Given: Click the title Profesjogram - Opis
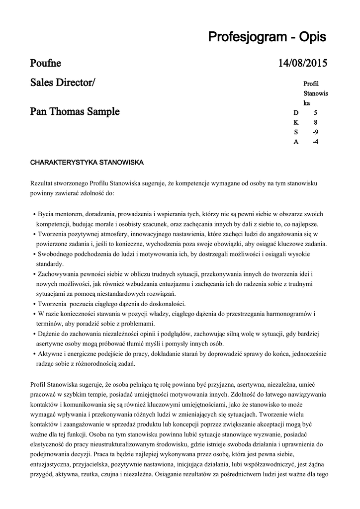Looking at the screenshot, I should (x=268, y=37).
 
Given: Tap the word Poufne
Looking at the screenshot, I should (x=46, y=63).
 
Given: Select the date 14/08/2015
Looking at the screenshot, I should (x=302, y=63).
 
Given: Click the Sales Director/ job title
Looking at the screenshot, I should (x=63, y=83).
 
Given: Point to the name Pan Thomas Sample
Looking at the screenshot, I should (x=75, y=111).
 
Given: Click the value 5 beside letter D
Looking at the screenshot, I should (x=315, y=113).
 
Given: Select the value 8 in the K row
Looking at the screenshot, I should (x=315, y=122).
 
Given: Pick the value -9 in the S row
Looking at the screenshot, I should (x=315, y=132).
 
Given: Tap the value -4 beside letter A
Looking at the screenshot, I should (x=315, y=142).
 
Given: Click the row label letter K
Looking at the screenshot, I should (x=296, y=122).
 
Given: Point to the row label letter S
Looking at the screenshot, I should (x=296, y=132).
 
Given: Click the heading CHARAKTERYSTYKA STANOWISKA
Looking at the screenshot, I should (x=87, y=163).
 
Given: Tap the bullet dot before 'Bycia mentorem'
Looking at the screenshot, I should (x=34, y=214).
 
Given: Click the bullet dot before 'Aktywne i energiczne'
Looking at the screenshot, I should (x=34, y=354).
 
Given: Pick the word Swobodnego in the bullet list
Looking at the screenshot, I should (x=55, y=254).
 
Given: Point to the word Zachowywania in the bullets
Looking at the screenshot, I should (x=58, y=274).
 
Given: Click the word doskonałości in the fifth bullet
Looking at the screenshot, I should (x=165, y=304).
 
